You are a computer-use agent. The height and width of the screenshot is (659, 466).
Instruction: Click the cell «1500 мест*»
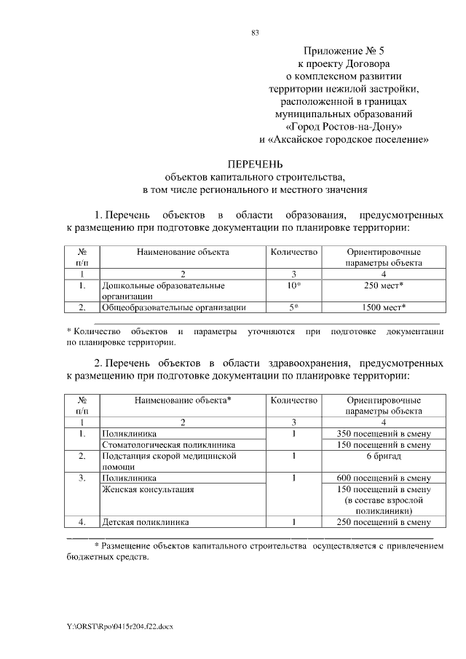click(384, 307)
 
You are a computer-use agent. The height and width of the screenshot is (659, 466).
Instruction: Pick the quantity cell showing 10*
click(294, 285)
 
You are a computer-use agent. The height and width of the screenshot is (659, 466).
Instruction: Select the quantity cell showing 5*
click(294, 307)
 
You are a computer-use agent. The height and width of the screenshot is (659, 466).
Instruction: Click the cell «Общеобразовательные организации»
click(173, 307)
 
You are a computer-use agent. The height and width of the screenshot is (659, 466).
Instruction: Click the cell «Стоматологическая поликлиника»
click(169, 445)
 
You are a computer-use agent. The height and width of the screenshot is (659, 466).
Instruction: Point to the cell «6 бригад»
click(384, 456)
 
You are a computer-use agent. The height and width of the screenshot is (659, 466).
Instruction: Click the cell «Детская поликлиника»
click(146, 522)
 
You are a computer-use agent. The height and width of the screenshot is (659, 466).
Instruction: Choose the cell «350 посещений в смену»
click(384, 434)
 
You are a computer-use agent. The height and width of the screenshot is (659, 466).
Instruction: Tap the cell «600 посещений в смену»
click(384, 478)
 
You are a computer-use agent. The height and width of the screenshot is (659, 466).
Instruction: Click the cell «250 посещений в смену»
click(384, 522)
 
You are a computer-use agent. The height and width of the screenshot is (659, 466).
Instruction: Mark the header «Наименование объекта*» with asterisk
click(183, 400)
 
